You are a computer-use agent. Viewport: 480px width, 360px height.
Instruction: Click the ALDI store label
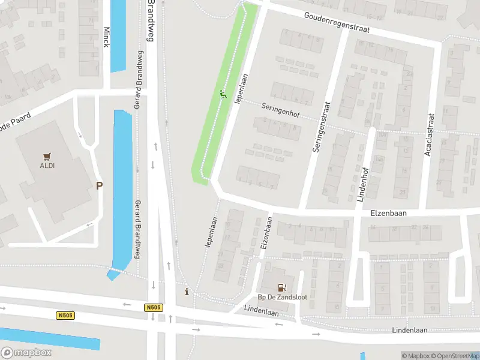pyautogui.click(x=47, y=166)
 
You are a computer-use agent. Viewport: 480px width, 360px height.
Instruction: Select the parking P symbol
pyautogui.click(x=99, y=186)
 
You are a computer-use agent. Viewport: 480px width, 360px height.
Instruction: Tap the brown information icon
pyautogui.click(x=187, y=292)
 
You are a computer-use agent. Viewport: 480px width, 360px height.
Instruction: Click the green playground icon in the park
pyautogui.click(x=223, y=94)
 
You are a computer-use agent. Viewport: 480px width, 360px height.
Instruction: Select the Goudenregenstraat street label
pyautogui.click(x=337, y=24)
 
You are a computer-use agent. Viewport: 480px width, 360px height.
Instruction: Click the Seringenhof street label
pyautogui.click(x=280, y=111)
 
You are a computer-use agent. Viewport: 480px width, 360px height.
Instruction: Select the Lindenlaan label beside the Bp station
pyautogui.click(x=262, y=308)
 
